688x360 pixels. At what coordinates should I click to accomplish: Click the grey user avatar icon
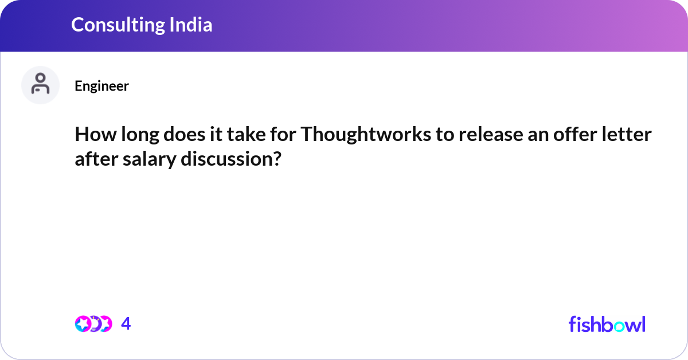pos(40,85)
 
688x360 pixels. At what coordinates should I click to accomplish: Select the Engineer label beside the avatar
pos(101,86)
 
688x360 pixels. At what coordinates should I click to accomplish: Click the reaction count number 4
pos(126,324)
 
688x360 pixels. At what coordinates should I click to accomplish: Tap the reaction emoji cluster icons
pos(93,324)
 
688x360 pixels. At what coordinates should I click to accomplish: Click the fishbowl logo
pos(607,324)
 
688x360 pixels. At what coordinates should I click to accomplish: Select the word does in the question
pos(180,135)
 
